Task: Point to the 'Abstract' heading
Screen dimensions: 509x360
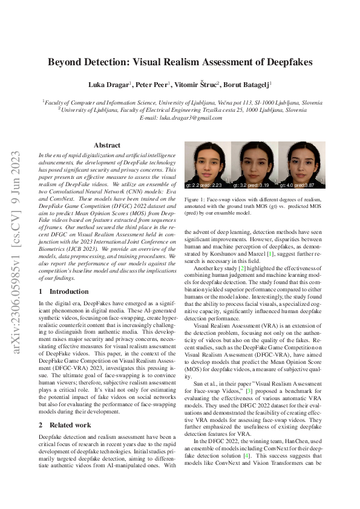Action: coord(107,145)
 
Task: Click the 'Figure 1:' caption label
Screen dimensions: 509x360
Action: coord(197,199)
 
